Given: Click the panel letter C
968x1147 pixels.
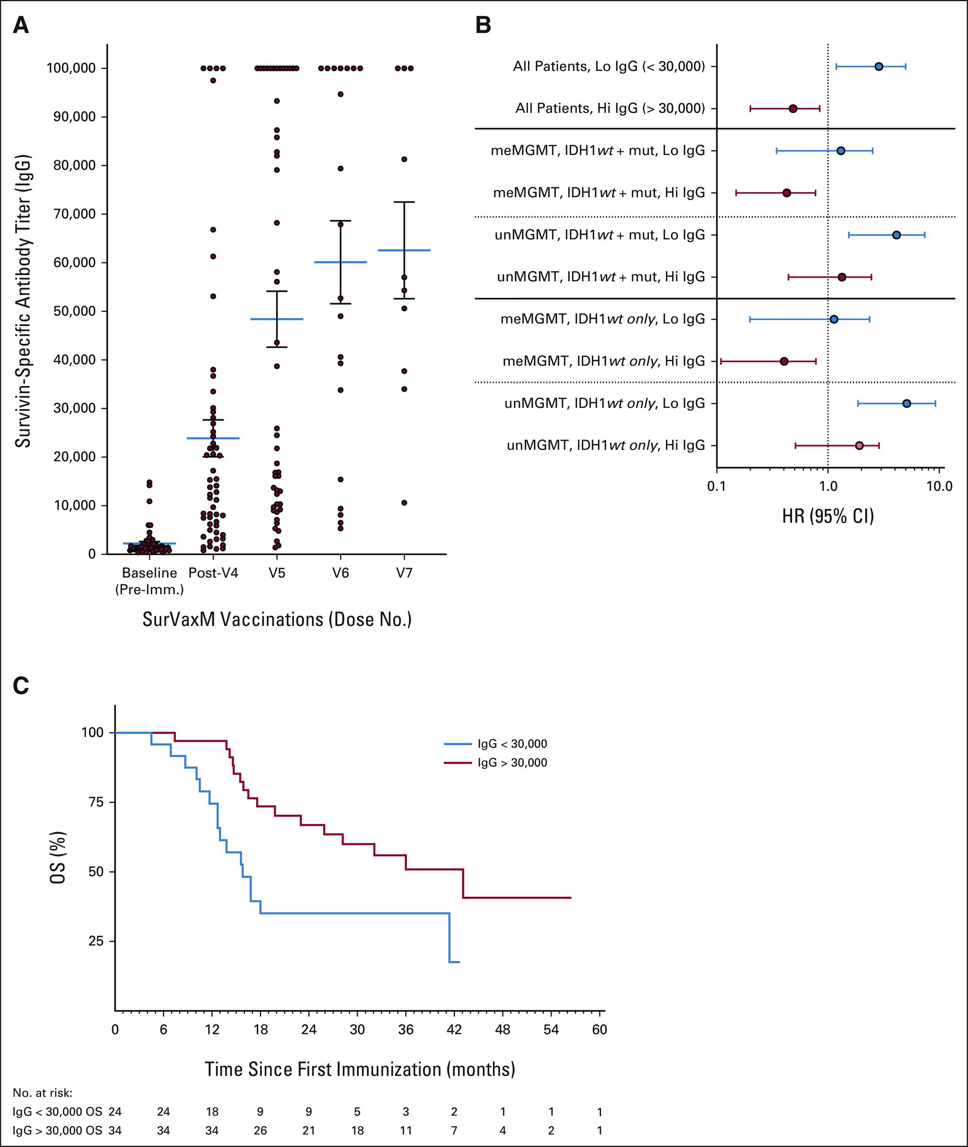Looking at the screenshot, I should tap(21, 686).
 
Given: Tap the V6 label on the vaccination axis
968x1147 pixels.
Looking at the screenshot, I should tap(340, 573).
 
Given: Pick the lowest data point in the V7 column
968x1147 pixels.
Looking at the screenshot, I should tap(405, 503).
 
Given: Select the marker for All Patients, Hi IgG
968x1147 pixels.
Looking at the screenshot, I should tap(793, 109).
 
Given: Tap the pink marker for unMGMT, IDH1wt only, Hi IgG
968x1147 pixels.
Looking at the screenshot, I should tap(859, 446).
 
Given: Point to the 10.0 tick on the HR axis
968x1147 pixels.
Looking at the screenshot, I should tap(940, 486).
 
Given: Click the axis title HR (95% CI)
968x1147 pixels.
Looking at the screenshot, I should tap(828, 516).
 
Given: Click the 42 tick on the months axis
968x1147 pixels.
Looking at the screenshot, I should tap(454, 1030).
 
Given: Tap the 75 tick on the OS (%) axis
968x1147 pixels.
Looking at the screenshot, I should tap(95, 802).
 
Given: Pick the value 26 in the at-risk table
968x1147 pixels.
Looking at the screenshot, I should tap(260, 1130).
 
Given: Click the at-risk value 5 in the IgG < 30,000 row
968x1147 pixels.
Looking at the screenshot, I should tap(357, 1112).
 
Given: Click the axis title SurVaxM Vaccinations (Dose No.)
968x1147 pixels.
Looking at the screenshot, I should tap(277, 620).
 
